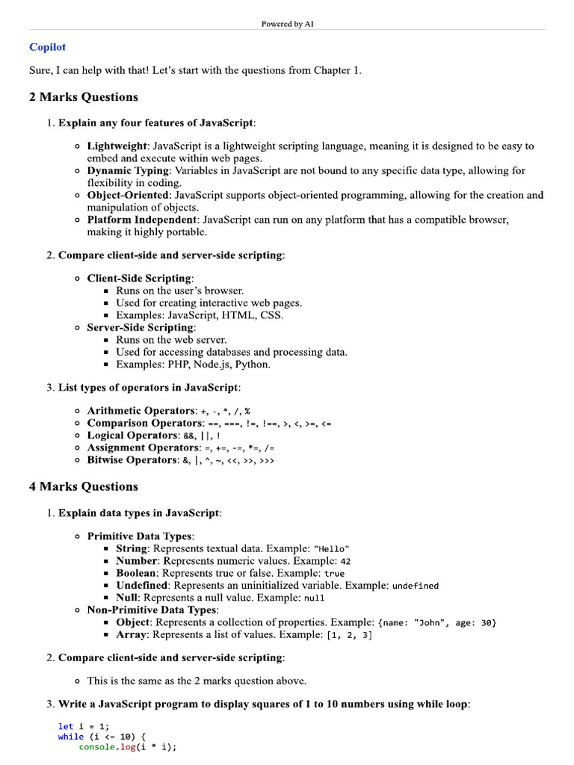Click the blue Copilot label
(x=47, y=47)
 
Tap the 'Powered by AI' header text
(x=287, y=24)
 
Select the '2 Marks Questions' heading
(x=83, y=97)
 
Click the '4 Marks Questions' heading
(x=83, y=486)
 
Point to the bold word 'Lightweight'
(x=117, y=146)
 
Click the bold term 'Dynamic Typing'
(x=128, y=171)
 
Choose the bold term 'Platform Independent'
(x=142, y=220)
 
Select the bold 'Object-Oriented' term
(x=128, y=196)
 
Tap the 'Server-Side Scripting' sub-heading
(x=140, y=328)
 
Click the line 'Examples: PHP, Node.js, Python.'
(x=193, y=365)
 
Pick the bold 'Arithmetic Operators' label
(x=141, y=411)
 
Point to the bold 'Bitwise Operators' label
(x=132, y=460)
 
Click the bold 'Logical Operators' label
(x=132, y=436)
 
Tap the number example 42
(x=345, y=561)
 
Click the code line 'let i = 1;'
(x=83, y=726)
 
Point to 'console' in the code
(x=96, y=747)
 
